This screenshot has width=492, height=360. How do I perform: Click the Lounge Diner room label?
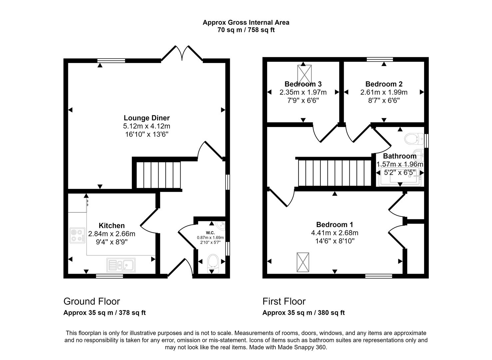tap(147, 118)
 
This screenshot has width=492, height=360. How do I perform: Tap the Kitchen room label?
tap(112, 226)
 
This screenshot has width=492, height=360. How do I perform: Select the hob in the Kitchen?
tap(77, 235)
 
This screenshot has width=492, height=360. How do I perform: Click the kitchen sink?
tap(121, 265)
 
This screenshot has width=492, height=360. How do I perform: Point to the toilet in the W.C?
tap(212, 263)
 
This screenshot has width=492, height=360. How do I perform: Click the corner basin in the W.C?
tap(220, 226)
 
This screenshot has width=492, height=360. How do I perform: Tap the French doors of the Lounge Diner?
tap(182, 53)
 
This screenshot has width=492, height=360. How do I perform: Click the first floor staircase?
tap(334, 173)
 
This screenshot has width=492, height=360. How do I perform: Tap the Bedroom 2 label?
tap(384, 84)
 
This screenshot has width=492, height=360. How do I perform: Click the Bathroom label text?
tap(399, 156)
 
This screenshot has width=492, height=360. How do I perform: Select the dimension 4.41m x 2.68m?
tap(335, 233)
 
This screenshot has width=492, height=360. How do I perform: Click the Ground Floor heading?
tap(92, 301)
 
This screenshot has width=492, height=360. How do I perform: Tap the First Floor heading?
tap(284, 301)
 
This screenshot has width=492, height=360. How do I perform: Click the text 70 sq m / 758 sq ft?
tap(246, 30)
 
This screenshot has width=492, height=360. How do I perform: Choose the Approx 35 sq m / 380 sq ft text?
tap(303, 313)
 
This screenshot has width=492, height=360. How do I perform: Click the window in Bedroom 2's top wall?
tap(380, 60)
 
